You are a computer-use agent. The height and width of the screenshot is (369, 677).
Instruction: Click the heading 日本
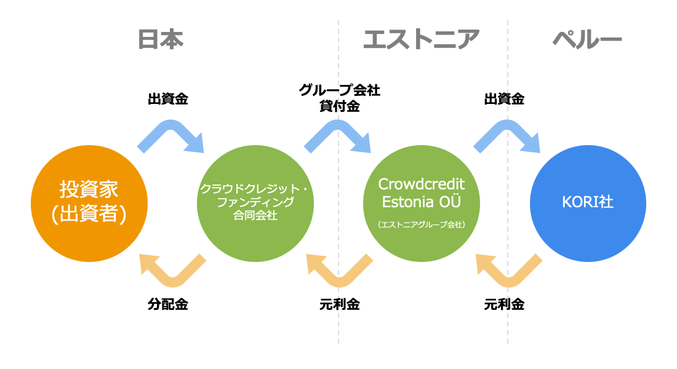click(x=161, y=39)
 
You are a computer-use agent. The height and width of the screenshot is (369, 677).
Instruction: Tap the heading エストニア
click(x=422, y=39)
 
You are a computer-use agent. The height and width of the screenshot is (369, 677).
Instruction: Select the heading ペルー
click(x=587, y=39)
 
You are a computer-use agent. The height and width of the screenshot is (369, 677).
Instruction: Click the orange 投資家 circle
click(x=89, y=204)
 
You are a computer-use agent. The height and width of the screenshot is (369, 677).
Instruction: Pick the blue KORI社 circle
click(x=588, y=204)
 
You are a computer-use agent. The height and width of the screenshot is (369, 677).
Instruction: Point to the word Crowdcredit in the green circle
click(x=422, y=184)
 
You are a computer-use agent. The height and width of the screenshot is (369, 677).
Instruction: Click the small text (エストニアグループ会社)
click(x=422, y=224)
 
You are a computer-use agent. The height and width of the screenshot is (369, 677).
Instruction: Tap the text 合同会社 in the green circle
click(x=255, y=215)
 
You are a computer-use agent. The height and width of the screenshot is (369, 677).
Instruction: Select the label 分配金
click(x=168, y=304)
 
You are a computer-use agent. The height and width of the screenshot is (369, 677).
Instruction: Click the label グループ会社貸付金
click(x=340, y=98)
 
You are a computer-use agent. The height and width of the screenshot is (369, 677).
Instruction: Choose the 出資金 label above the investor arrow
click(x=168, y=99)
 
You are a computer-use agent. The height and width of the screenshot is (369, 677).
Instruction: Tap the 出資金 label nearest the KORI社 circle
click(x=504, y=99)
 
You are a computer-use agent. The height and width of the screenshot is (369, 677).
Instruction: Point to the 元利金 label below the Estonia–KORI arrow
click(x=504, y=304)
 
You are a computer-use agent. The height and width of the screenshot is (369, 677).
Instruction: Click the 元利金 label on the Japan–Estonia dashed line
click(x=340, y=304)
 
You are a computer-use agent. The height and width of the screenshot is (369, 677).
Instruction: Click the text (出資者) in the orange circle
click(x=89, y=213)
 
